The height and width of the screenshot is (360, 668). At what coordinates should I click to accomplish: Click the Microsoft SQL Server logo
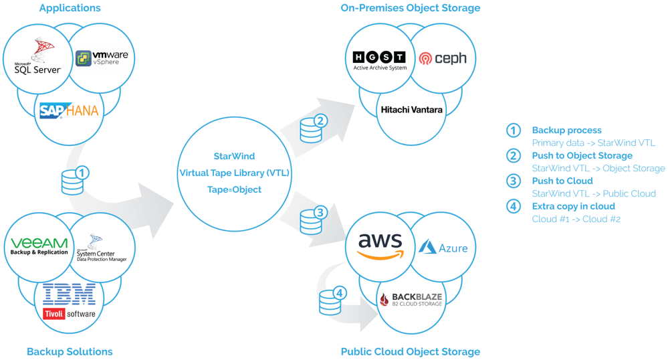[37, 56]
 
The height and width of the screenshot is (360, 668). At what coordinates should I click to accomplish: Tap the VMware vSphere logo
[102, 58]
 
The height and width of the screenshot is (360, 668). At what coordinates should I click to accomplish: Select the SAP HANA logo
[69, 110]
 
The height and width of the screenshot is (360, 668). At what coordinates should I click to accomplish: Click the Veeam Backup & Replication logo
[39, 246]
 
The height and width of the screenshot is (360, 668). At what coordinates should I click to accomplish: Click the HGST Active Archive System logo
[380, 61]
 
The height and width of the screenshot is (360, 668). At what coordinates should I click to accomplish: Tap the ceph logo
[443, 58]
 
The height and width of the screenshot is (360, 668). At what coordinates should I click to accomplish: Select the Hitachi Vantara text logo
[411, 110]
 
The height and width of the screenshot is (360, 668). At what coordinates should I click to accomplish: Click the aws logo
[380, 246]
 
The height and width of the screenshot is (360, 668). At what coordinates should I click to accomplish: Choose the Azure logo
[443, 248]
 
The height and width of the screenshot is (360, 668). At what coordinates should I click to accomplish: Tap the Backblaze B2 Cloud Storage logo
[411, 299]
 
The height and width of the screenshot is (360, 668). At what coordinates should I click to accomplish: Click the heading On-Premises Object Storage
[411, 7]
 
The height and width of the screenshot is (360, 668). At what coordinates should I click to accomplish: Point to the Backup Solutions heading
[70, 351]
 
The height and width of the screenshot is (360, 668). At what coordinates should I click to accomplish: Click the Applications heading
[70, 7]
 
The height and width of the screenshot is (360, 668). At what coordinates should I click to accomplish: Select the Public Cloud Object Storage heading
[411, 351]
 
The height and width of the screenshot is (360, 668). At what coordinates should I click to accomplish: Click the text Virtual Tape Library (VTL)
[234, 173]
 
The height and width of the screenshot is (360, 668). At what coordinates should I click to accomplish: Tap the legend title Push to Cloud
[562, 181]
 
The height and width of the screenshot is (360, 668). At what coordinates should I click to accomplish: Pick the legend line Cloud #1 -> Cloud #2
[576, 219]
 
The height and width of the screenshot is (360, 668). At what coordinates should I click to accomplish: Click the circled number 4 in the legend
[514, 207]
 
